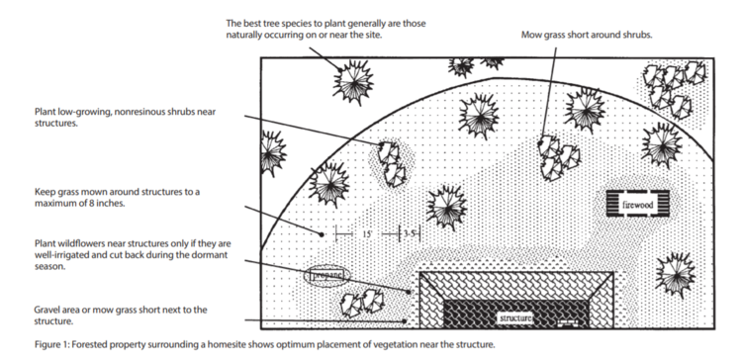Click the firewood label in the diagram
[637, 205]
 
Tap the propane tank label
[327, 275]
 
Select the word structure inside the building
[515, 318]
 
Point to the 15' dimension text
[367, 234]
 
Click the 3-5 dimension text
[410, 233]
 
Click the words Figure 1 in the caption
[51, 344]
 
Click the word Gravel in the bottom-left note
[46, 311]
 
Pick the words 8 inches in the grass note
[108, 205]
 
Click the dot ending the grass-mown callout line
[322, 234]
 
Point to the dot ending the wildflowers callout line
[409, 292]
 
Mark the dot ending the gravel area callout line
[405, 320]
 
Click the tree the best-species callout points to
[353, 82]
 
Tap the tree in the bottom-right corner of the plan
[676, 274]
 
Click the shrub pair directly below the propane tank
[362, 303]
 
